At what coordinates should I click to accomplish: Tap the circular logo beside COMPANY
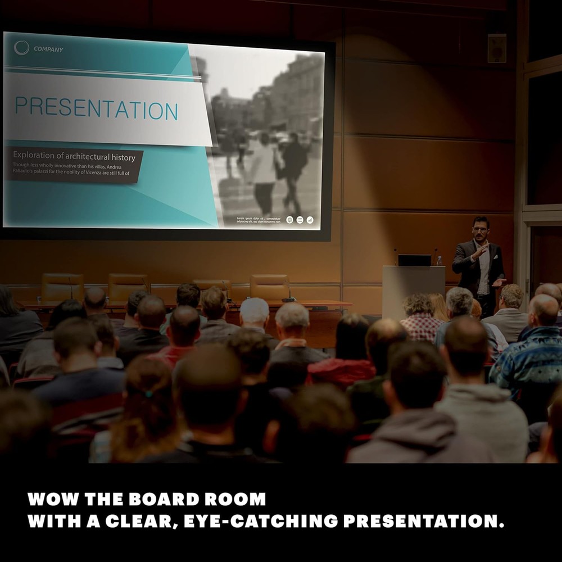[x=21, y=48]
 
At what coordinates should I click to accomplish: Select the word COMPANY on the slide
[x=48, y=49]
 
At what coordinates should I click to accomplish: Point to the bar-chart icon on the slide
[x=310, y=220]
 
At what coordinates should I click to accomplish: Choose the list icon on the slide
[x=300, y=220]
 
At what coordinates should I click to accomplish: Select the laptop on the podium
[x=415, y=260]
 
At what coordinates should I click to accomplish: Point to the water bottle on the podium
[x=439, y=261]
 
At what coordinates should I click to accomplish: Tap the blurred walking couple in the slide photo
[x=275, y=169]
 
